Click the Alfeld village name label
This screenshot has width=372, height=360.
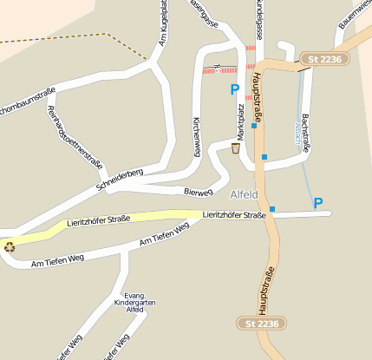click(245, 193)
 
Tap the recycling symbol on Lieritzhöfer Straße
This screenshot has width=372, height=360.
click(10, 246)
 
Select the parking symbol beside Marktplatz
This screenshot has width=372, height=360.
click(234, 89)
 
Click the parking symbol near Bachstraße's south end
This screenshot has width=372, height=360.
click(318, 203)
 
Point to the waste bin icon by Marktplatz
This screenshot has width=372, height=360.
click(235, 149)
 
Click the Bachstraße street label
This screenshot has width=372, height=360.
click(305, 131)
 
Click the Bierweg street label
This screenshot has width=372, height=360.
click(199, 190)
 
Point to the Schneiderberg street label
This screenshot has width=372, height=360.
click(120, 178)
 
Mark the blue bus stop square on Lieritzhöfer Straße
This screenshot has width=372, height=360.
click(272, 209)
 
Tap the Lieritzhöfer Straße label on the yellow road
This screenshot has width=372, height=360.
click(98, 221)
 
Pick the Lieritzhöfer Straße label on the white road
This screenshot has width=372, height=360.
click(233, 214)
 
